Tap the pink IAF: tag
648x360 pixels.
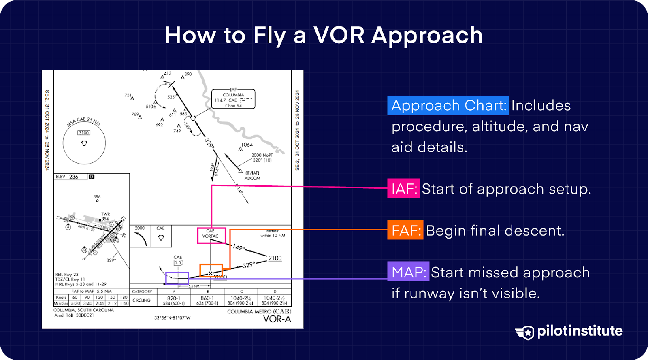(403, 189)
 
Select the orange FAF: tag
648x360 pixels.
(405, 230)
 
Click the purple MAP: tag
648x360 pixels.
(408, 272)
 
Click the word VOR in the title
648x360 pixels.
(339, 35)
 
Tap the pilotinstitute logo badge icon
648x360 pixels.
(525, 332)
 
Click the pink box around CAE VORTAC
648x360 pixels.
(211, 235)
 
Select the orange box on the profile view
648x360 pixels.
(211, 270)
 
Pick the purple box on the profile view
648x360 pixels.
(177, 278)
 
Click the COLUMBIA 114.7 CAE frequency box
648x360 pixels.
(233, 99)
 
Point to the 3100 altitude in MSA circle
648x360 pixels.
(84, 133)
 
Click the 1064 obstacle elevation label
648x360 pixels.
(247, 145)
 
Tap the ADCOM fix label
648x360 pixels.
(252, 178)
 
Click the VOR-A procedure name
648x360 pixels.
(277, 319)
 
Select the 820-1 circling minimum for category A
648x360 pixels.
(174, 298)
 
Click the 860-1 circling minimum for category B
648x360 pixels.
(207, 298)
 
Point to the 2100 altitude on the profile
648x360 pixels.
(275, 258)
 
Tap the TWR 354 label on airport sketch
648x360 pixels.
(105, 216)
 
